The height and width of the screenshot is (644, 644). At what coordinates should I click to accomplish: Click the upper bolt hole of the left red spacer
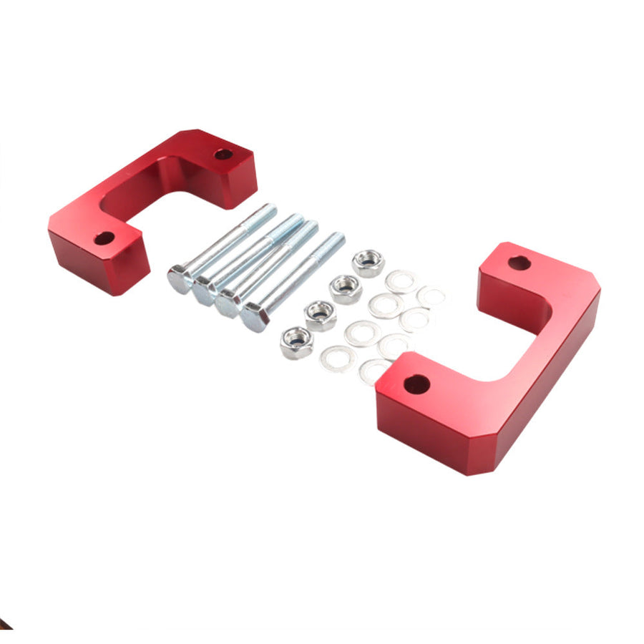point(223,154)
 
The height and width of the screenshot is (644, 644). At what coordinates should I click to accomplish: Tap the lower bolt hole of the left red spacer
point(104,238)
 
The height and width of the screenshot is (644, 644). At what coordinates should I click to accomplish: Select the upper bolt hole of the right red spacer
point(519,263)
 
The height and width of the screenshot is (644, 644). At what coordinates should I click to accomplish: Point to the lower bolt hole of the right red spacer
point(416,384)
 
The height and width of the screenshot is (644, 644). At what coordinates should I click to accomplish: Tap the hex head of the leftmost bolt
point(180,279)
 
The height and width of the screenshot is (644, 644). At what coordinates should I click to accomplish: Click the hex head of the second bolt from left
point(205,290)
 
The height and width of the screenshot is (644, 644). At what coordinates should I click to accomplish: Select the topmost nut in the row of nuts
point(369,263)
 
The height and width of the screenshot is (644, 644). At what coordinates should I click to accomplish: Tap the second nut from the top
point(346,289)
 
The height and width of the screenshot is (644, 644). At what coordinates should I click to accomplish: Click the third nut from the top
point(321,315)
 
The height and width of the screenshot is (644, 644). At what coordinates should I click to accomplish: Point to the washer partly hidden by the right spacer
point(374,370)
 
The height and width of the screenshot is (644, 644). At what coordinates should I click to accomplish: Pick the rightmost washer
point(431,296)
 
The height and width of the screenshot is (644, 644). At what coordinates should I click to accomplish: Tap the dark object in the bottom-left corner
point(4,625)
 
